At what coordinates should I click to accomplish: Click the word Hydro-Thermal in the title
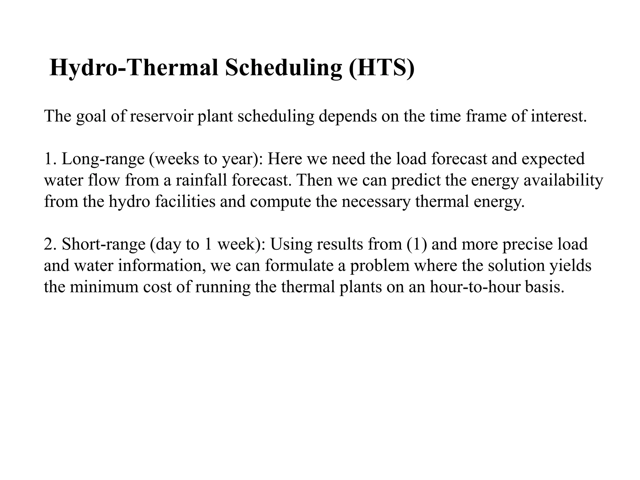click(134, 68)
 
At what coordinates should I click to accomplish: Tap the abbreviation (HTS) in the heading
click(382, 68)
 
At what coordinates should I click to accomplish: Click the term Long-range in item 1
click(103, 159)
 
